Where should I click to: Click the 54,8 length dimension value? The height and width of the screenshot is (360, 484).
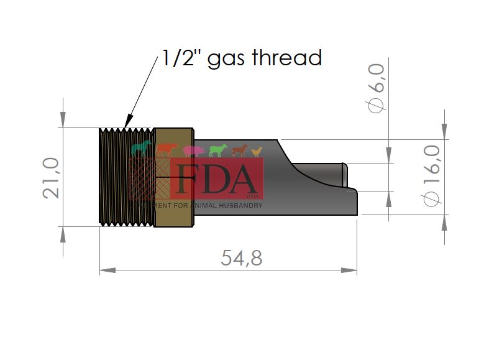pos(242,257)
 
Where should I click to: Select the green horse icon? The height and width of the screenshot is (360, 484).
pos(142,148)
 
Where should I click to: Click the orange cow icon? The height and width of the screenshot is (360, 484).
pos(166,149)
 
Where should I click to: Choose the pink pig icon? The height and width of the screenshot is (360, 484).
pos(193,150)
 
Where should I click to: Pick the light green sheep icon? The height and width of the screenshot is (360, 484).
pos(217,150)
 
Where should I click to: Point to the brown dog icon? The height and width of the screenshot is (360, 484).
pos(239,150)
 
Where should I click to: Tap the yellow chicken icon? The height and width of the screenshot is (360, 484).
pos(257,151)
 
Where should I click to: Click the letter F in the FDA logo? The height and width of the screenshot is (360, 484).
pos(189,179)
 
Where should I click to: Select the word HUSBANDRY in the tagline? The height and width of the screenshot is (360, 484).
pos(239,205)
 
